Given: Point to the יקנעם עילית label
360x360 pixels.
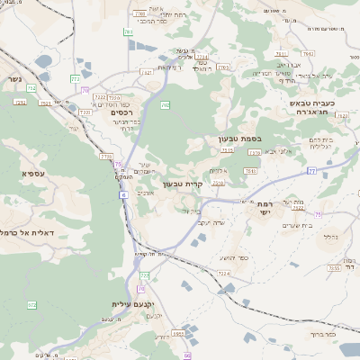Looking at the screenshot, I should coord(135,305).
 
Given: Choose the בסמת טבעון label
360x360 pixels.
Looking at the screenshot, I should coord(238,139).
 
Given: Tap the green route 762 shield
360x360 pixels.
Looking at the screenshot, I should coord(165,105).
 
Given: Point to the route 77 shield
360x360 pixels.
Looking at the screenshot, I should coord(311,169).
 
